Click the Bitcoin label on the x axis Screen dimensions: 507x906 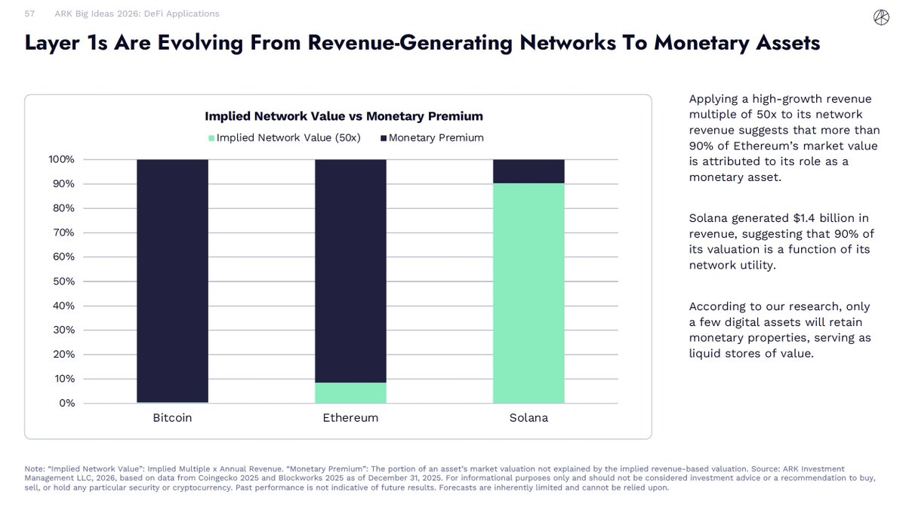point(172,418)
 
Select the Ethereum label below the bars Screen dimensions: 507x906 point(350,418)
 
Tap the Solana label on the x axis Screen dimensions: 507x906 point(528,418)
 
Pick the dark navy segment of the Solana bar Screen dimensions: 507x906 point(528,171)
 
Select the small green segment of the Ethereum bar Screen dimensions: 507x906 point(350,393)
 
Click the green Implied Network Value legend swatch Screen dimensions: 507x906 point(212,138)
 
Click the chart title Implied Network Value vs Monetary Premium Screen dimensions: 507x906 point(344,116)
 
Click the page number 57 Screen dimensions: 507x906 point(30,14)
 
